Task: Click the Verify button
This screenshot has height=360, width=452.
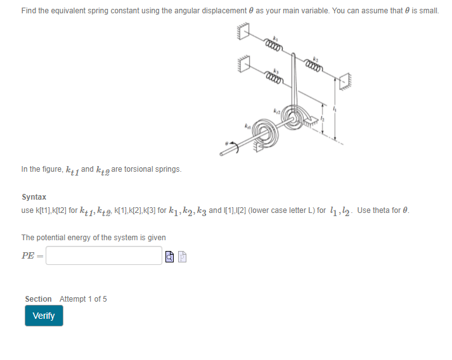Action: click(44, 316)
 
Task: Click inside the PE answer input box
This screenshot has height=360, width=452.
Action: click(104, 255)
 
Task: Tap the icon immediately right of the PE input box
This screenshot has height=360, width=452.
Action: click(169, 257)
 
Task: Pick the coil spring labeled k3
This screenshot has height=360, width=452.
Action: click(273, 79)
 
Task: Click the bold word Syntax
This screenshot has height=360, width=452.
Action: click(34, 197)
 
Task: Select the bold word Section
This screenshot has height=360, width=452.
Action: click(38, 299)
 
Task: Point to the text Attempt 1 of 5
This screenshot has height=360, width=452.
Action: click(83, 299)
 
